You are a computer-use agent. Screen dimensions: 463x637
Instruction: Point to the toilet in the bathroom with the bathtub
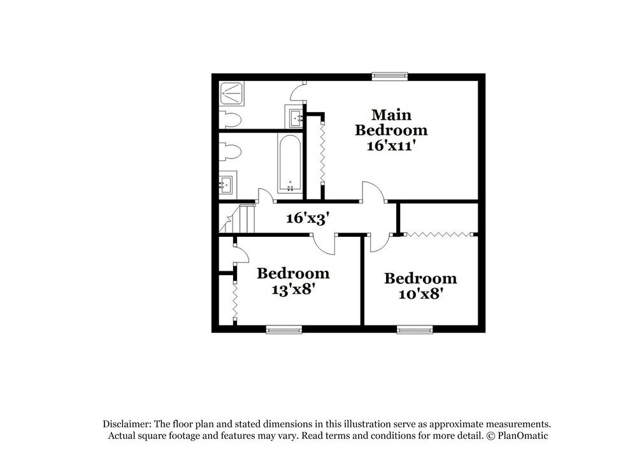point(230,152)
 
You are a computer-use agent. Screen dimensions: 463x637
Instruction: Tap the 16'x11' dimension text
point(391,146)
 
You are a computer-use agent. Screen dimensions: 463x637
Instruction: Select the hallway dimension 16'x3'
point(307,218)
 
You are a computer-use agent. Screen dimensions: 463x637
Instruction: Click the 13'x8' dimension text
point(293,289)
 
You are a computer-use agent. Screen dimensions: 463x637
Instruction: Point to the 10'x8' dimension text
point(420,294)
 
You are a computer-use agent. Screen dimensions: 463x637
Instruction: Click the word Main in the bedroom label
point(391,115)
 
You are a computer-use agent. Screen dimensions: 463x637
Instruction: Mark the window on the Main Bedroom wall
point(390,76)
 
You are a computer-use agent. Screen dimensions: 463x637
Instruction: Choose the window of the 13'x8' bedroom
point(283,329)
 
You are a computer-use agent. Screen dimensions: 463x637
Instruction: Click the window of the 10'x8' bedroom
point(415,329)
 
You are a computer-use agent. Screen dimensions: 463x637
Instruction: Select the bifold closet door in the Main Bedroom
point(322,152)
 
